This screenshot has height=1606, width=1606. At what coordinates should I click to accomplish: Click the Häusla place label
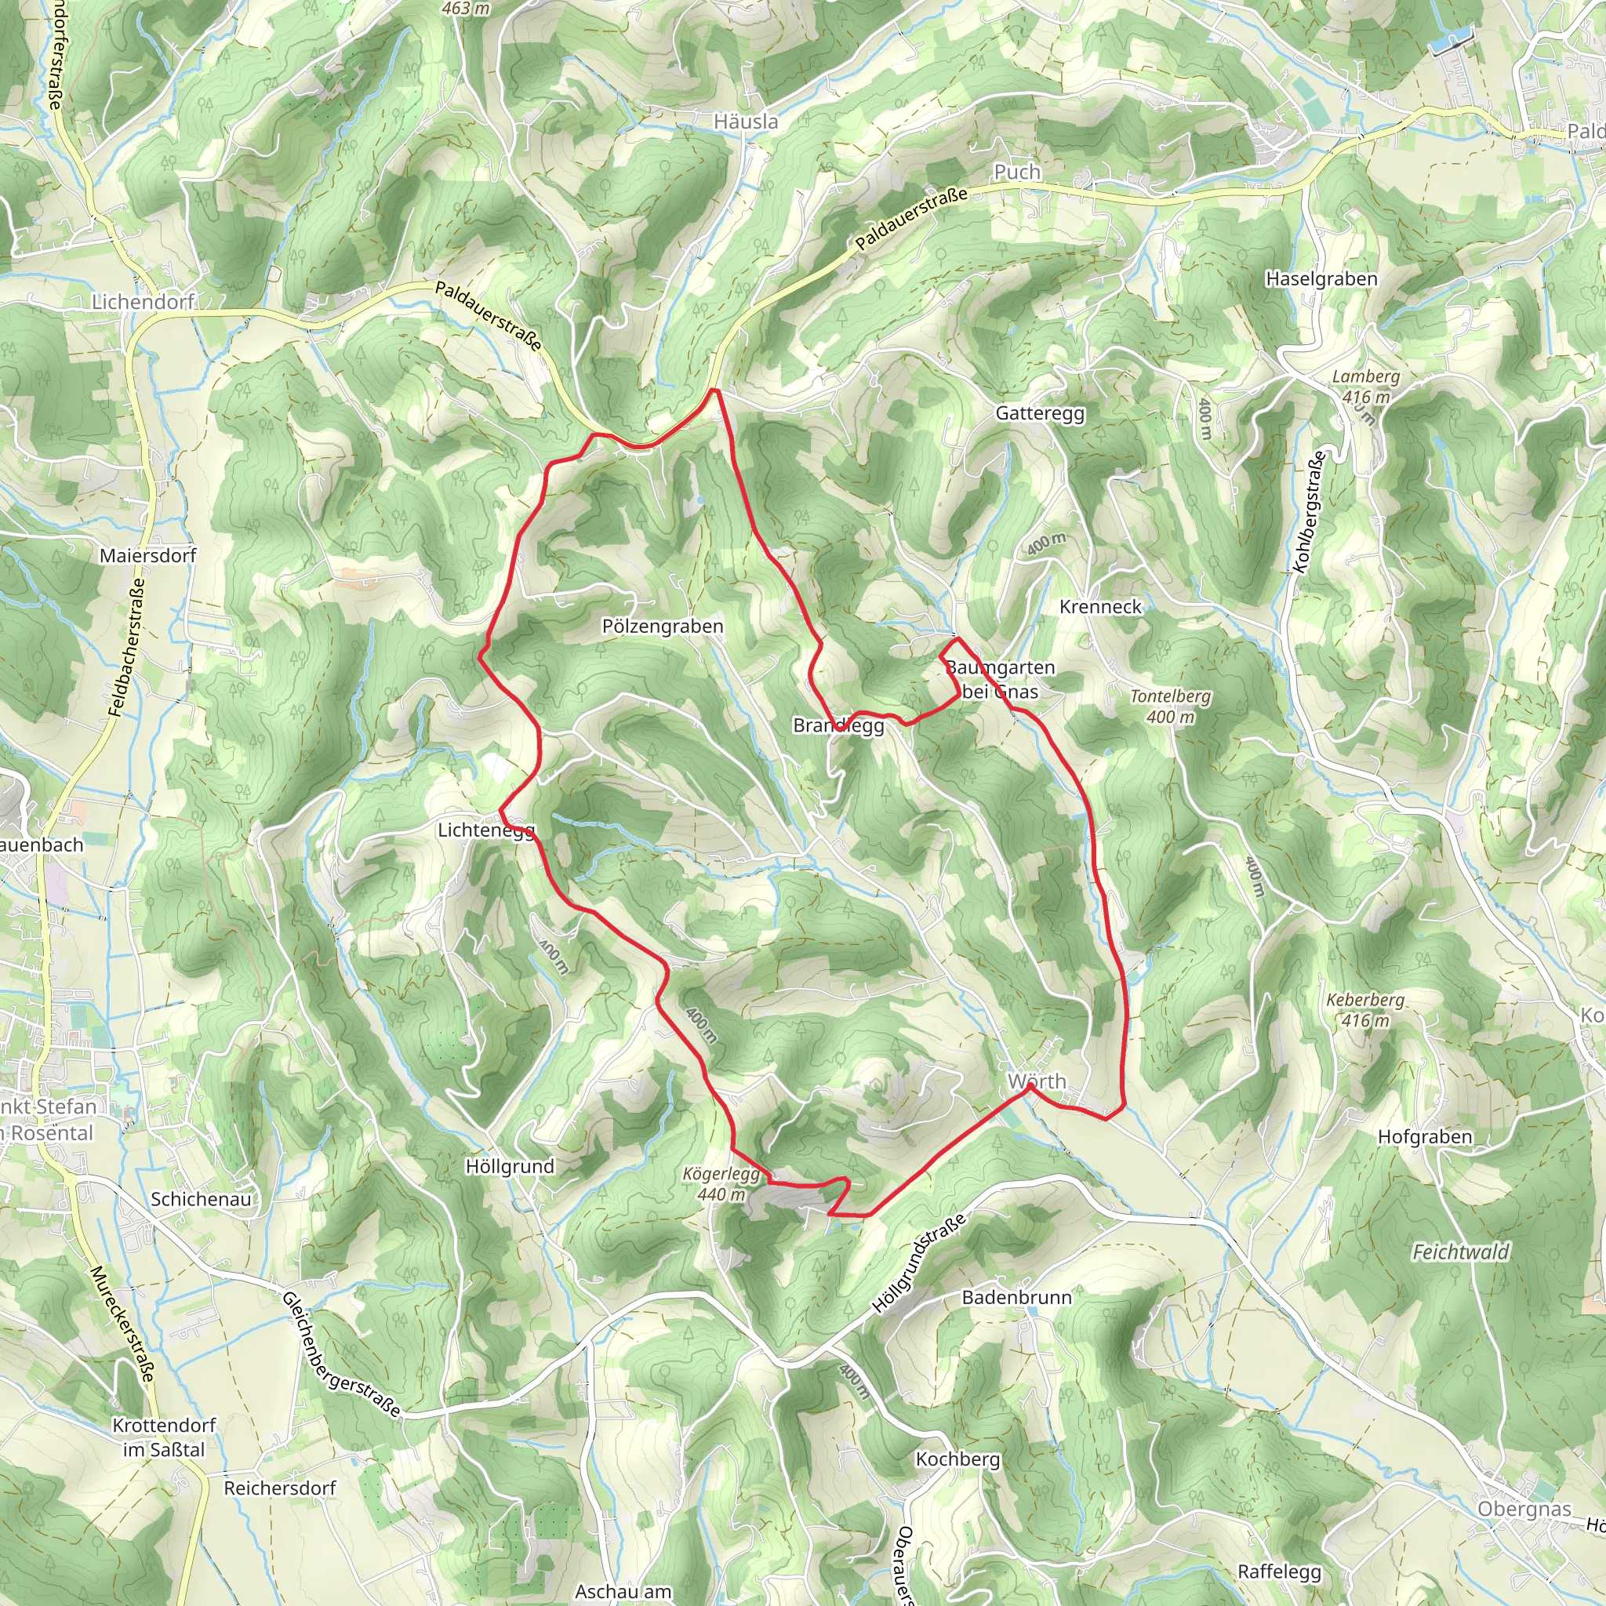tap(746, 122)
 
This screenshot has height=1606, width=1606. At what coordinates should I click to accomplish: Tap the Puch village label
tap(1017, 172)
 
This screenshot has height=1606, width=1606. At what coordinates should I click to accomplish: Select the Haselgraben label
tap(1321, 278)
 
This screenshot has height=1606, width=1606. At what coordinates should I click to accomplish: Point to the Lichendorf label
tap(143, 302)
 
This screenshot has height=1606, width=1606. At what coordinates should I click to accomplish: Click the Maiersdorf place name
tap(148, 555)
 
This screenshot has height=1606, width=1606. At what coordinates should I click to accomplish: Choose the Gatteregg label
tap(1040, 413)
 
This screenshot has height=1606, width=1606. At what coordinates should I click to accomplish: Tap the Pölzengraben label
tap(663, 626)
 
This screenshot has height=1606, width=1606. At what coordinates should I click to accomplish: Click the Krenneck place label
tap(1100, 607)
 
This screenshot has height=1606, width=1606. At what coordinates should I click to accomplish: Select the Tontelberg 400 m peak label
tap(1171, 707)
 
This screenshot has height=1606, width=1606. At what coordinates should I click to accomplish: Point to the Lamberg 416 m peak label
tap(1366, 387)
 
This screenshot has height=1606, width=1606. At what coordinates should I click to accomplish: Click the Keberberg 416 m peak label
tap(1365, 1010)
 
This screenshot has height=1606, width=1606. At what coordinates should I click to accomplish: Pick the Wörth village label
tap(1037, 1081)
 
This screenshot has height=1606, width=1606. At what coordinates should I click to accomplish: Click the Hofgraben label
tap(1425, 1137)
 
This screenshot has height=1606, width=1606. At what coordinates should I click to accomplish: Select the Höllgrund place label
tap(510, 1166)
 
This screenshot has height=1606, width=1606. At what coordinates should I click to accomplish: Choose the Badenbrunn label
tap(1016, 1298)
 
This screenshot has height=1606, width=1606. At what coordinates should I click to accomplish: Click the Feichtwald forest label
tap(1460, 1252)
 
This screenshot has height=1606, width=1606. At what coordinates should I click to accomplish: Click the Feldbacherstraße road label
tap(127, 648)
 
